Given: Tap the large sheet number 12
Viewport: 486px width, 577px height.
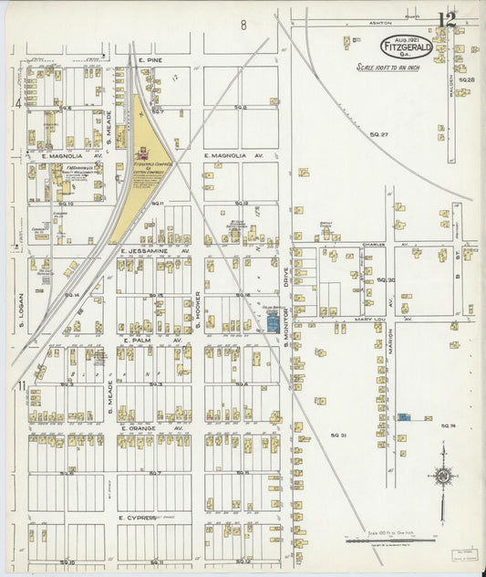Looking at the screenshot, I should point(446,19).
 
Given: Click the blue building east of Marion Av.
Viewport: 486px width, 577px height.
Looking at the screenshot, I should point(403,417).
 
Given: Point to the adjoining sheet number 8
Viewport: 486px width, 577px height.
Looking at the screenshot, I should point(243,25).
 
